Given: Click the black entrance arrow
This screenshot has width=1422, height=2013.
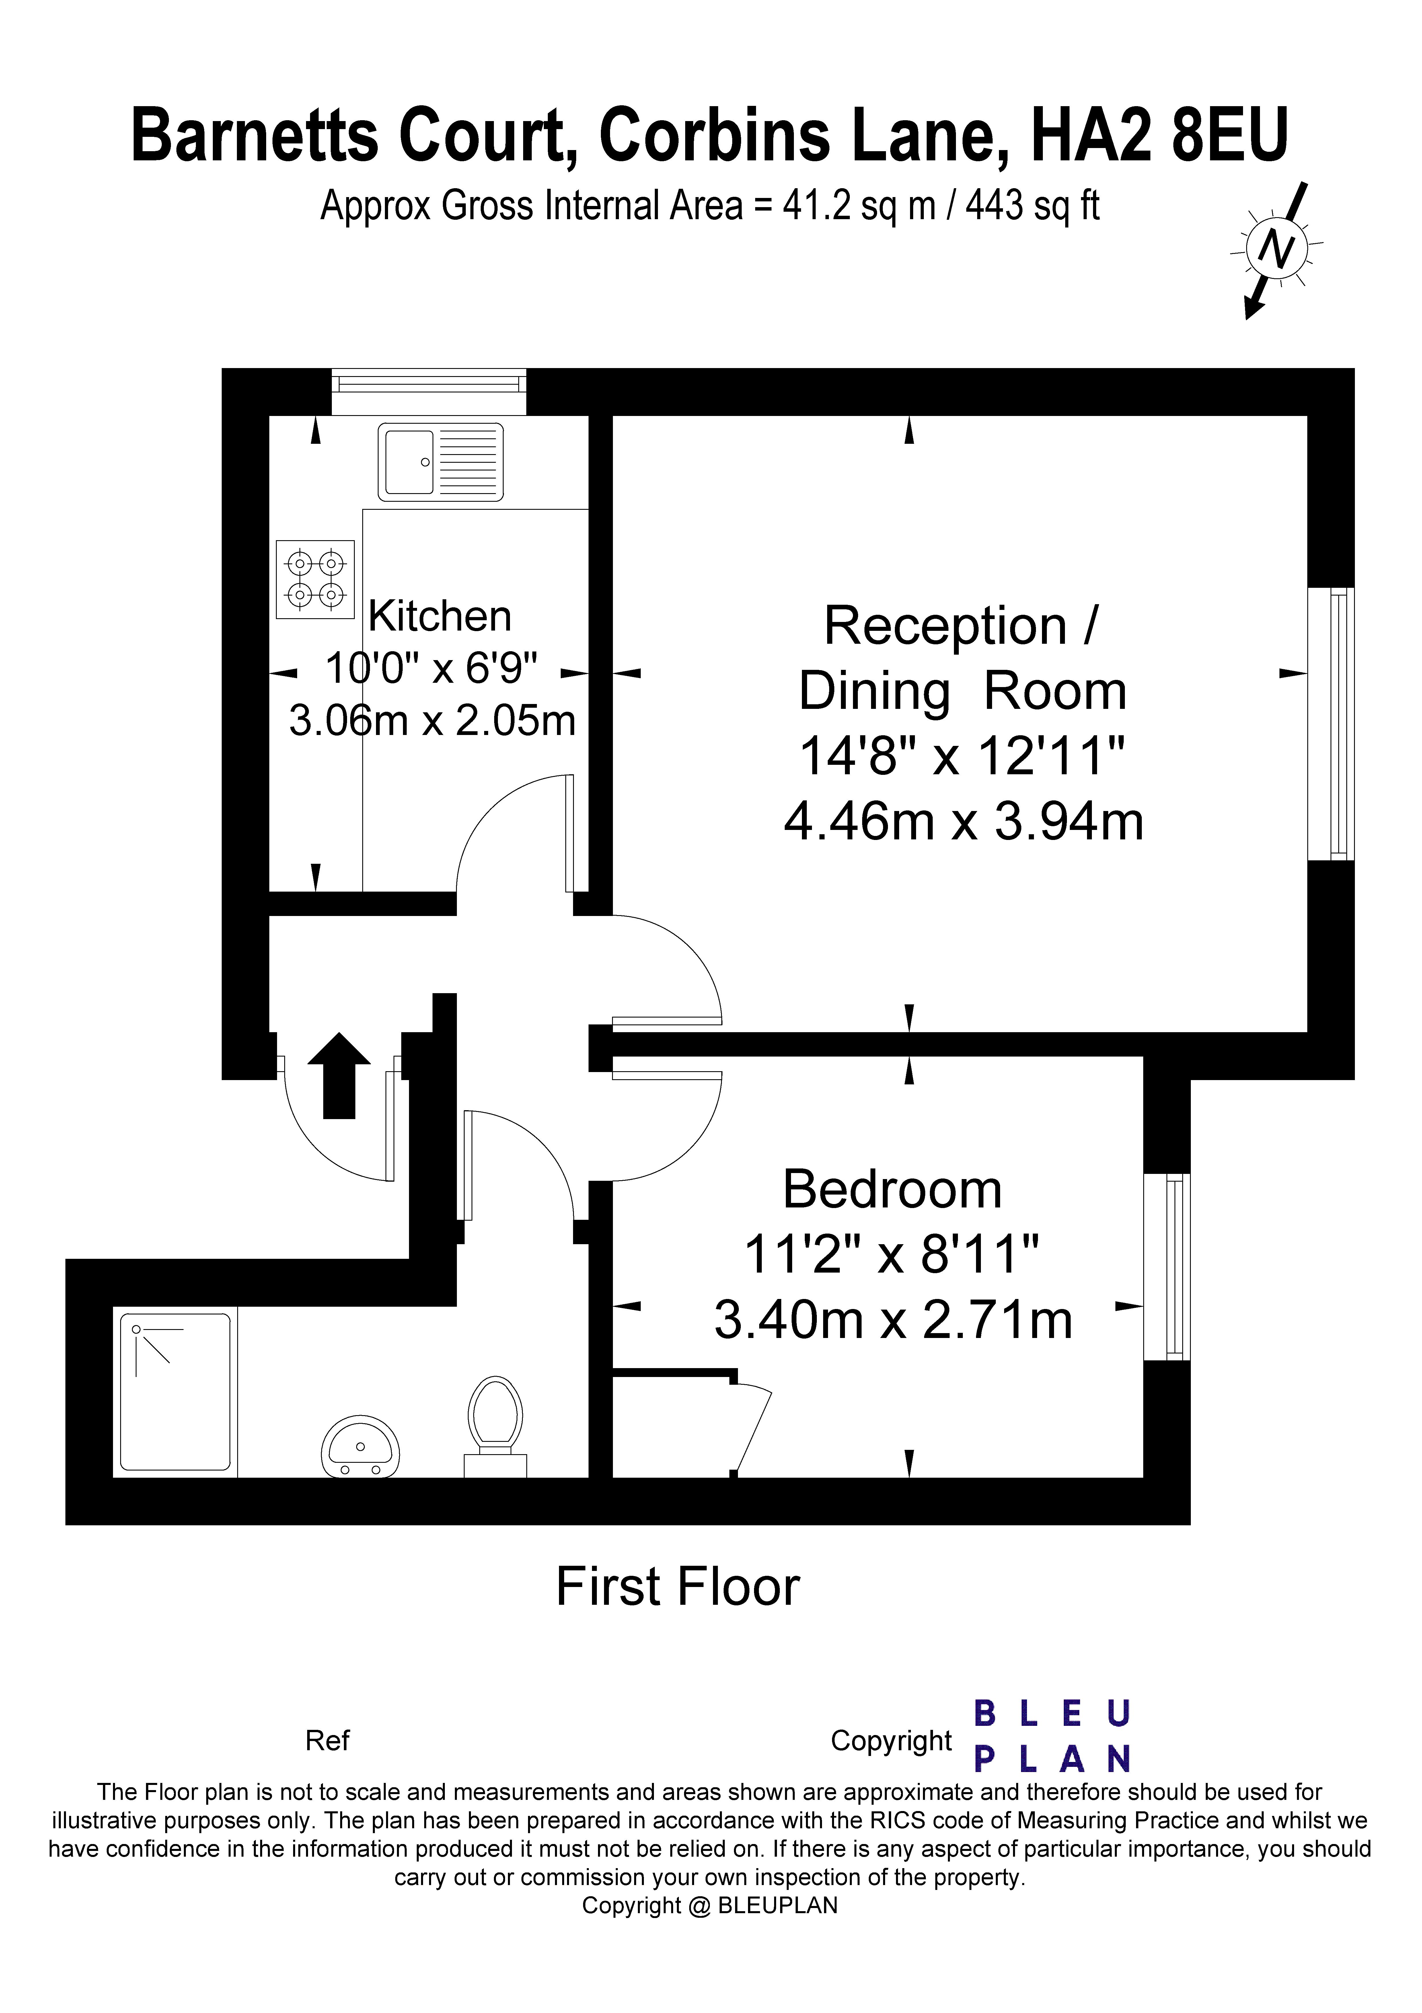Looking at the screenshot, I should click(339, 1076).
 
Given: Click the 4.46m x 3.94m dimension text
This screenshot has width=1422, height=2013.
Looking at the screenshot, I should click(963, 822).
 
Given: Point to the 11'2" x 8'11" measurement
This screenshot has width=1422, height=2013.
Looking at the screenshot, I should click(892, 1255).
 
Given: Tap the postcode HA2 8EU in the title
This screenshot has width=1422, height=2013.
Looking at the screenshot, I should click(1159, 135).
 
